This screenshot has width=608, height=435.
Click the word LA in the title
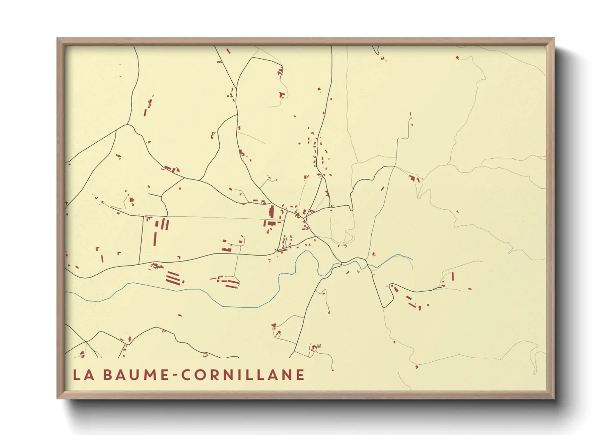(83, 375)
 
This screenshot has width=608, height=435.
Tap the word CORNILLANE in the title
(243, 375)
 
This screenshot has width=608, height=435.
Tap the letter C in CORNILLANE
(186, 375)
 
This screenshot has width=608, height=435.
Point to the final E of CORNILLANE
(300, 375)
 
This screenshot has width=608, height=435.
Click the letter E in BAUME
(164, 375)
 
